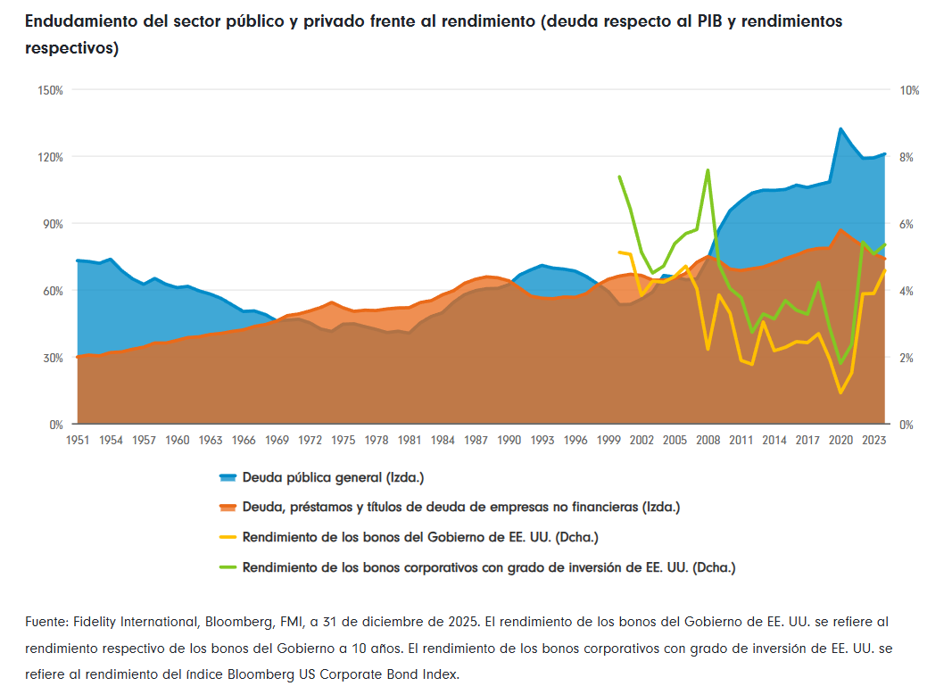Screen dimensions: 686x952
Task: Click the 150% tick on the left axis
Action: (x=49, y=90)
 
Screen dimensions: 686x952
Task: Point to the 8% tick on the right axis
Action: (x=907, y=157)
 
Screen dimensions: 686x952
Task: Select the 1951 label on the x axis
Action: (x=78, y=440)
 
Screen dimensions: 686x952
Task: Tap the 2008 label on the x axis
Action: (x=708, y=440)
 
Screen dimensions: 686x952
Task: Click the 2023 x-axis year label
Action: (x=874, y=440)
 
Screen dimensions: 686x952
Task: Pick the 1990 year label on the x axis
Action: (x=509, y=440)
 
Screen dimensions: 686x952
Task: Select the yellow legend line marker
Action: (x=228, y=538)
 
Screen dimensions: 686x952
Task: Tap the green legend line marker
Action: (x=228, y=567)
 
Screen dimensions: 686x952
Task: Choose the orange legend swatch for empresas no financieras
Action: (x=228, y=508)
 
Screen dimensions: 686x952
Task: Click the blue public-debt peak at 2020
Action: (x=840, y=129)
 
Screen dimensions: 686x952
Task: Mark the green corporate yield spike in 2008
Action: (x=708, y=169)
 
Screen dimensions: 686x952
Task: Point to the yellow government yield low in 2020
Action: (x=840, y=393)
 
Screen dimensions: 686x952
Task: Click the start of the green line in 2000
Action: (x=620, y=177)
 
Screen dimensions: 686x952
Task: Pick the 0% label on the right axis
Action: (x=907, y=425)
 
